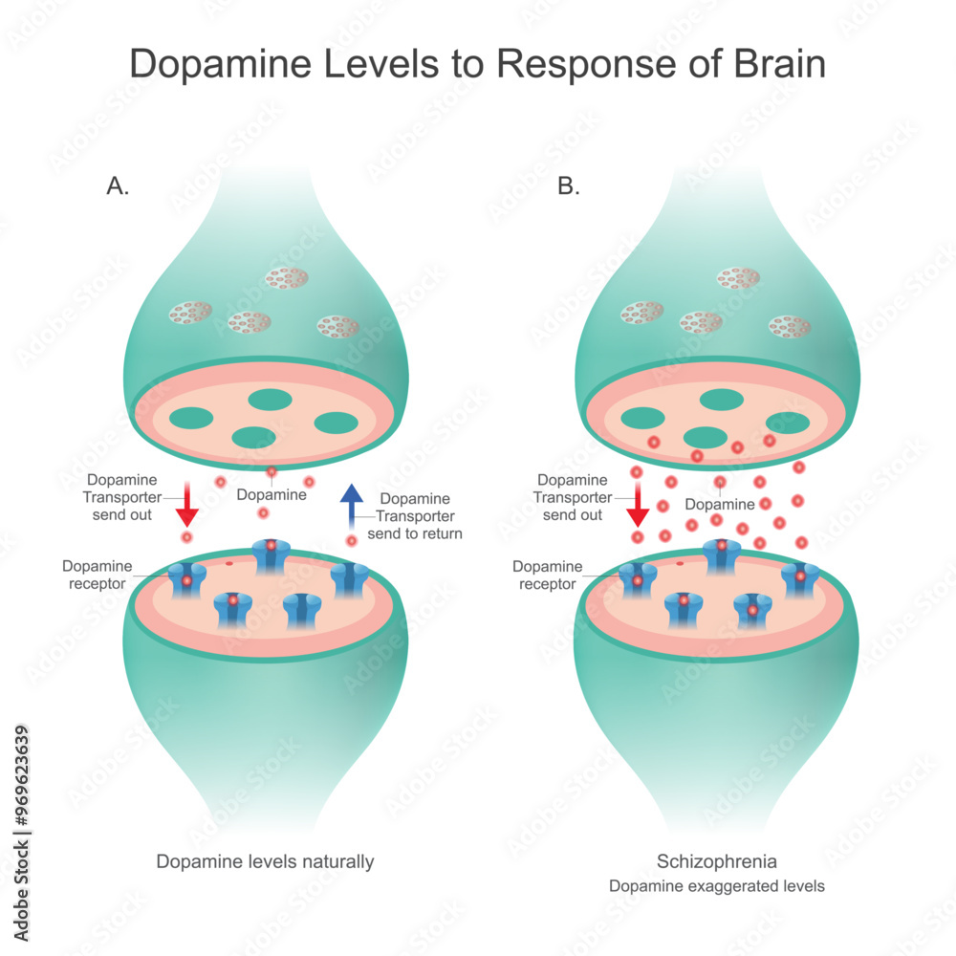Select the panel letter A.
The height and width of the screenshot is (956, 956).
[118, 186]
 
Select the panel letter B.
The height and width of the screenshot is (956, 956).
[569, 186]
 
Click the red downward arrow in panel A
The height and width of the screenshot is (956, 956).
[187, 505]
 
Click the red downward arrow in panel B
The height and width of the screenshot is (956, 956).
[638, 505]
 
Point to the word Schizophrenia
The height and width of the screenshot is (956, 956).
[716, 860]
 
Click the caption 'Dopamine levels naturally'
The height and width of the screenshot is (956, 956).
[265, 861]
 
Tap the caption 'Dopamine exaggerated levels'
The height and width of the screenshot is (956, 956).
[717, 886]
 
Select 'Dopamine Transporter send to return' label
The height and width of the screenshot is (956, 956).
[414, 516]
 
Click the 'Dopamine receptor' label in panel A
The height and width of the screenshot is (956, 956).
[98, 575]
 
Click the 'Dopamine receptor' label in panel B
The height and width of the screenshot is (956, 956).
[548, 575]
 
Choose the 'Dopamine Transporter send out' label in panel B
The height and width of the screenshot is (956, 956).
[572, 497]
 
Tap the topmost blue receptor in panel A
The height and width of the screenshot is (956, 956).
[272, 554]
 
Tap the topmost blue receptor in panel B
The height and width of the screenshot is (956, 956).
[722, 554]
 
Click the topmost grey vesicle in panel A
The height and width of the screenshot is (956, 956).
[286, 278]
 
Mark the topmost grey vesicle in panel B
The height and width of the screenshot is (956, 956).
[738, 278]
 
